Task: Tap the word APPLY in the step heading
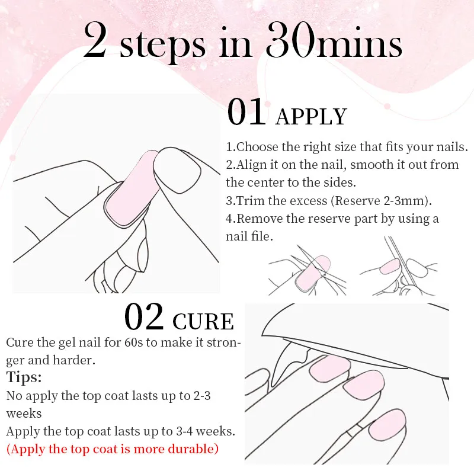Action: (311, 117)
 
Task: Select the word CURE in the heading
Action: (203, 321)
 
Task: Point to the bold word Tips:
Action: (24, 377)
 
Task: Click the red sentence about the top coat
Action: (112, 449)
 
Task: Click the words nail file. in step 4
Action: (249, 236)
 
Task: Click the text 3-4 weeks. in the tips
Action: (206, 431)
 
